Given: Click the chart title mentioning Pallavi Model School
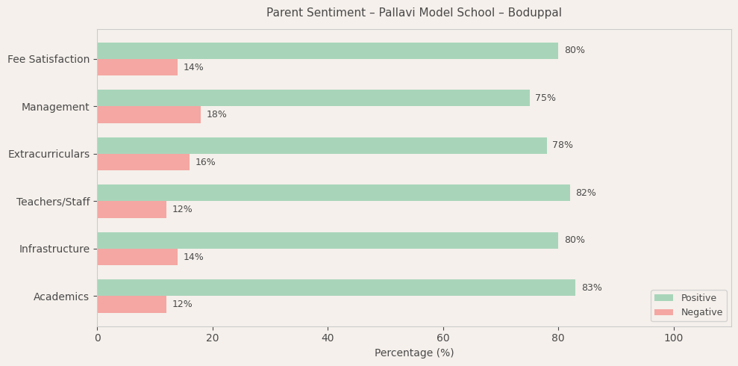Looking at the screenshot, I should [413, 13].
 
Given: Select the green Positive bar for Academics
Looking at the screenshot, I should [336, 288].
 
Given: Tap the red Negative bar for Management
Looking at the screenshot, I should [148, 114].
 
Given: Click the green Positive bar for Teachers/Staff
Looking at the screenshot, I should [333, 193].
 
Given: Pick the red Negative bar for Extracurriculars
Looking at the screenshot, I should [143, 162].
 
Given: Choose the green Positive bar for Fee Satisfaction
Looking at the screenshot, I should [328, 51].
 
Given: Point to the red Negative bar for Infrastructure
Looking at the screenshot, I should [137, 257].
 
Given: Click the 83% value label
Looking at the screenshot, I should [591, 288].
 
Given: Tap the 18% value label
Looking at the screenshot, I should [216, 114].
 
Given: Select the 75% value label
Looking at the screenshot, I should [545, 98].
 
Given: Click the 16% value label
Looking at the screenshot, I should [205, 162].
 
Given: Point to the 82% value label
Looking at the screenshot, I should [585, 193].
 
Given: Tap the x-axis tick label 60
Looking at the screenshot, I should [443, 338].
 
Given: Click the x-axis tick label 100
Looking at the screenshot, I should [673, 338].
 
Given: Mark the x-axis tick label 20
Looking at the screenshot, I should [213, 338].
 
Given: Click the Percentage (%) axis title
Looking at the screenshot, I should [413, 353].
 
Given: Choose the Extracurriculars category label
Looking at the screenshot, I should [49, 154].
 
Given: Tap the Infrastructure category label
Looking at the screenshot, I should [54, 249].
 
